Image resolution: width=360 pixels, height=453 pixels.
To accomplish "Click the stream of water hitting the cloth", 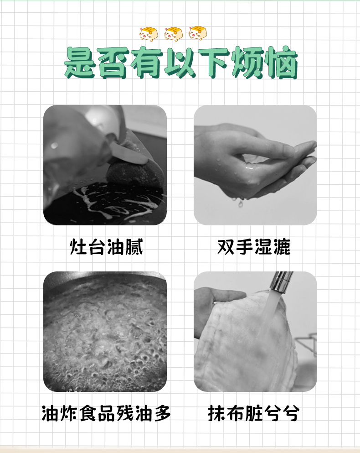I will pos(270,315).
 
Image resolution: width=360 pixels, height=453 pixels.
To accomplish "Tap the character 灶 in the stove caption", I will pos(78,247).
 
